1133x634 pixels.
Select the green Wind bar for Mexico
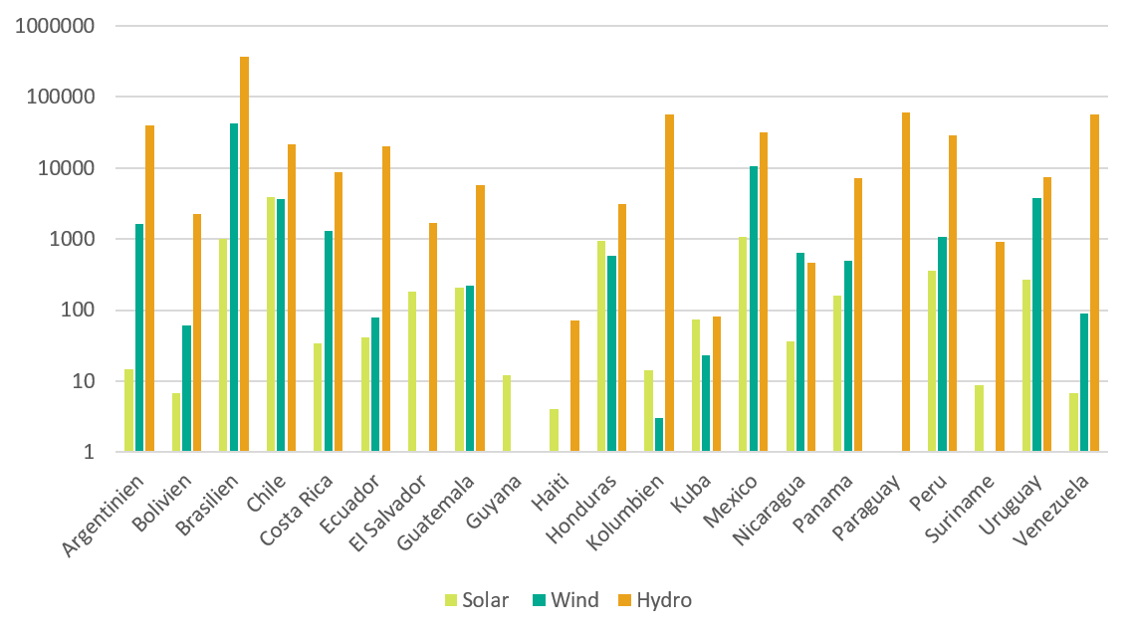[x=754, y=309]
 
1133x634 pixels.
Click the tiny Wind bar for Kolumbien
[x=659, y=435]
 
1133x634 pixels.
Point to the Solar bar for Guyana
[x=507, y=413]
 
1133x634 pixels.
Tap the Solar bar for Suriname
[x=980, y=418]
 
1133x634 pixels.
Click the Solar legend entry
[x=477, y=600]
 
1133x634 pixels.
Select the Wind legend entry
[x=566, y=600]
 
